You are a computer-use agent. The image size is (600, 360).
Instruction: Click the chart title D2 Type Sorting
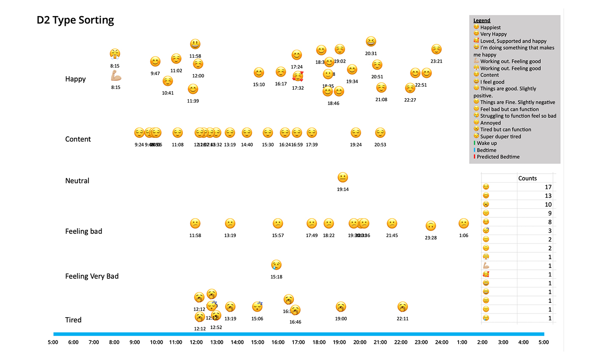(75, 20)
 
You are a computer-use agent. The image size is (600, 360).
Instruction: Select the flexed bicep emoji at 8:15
(116, 76)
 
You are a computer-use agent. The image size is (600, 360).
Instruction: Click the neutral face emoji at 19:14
(343, 177)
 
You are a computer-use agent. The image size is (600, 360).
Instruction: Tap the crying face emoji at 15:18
(276, 265)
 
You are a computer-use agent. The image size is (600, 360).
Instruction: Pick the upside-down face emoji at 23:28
(431, 226)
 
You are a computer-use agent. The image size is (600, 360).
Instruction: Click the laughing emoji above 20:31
(371, 42)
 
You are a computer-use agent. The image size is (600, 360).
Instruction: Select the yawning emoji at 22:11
(402, 307)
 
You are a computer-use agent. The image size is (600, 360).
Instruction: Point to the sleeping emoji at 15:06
(257, 306)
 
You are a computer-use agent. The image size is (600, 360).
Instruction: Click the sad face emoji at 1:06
(464, 223)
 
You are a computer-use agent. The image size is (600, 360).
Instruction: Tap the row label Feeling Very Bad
(92, 276)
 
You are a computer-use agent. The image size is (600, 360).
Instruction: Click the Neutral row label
(77, 181)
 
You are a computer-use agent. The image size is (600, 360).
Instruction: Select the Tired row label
(73, 320)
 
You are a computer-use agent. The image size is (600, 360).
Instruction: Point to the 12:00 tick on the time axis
(196, 342)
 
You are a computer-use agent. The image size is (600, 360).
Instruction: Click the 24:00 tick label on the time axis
(442, 342)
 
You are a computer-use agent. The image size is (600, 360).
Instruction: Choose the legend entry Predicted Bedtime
(498, 157)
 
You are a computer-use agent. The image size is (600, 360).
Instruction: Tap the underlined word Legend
(482, 20)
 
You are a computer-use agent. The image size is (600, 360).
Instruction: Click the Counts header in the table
(527, 178)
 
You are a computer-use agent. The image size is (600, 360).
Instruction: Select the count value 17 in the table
(548, 187)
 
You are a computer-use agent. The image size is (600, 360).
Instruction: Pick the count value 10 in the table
(548, 205)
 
